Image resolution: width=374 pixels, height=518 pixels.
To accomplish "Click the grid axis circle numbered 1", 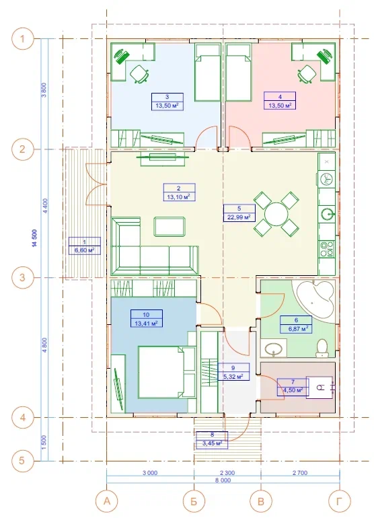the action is point(22,39).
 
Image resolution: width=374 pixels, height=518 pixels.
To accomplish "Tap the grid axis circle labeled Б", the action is point(194,501).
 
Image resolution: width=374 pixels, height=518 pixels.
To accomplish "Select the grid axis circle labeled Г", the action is point(339,501).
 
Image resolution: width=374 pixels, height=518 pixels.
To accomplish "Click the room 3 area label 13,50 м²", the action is point(167,106).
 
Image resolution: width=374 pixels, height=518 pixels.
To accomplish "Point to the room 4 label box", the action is point(280,101).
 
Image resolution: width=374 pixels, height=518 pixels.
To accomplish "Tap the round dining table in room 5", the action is point(276,215).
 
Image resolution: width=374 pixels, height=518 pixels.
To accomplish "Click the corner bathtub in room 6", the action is point(316,299).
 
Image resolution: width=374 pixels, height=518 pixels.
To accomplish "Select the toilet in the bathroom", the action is point(322,348).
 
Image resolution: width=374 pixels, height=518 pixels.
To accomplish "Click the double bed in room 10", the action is point(167,371).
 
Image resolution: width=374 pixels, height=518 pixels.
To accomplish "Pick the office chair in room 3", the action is point(139,74).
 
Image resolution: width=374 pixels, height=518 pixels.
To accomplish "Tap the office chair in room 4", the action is point(307,74).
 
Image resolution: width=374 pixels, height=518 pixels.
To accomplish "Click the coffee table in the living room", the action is point(169,226).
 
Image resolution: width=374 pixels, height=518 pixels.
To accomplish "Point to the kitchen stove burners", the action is point(327,249).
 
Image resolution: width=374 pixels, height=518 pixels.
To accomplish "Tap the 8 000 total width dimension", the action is point(223,480).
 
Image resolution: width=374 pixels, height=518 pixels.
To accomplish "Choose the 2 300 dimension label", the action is point(227,473).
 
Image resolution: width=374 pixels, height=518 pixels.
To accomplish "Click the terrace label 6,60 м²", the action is point(84,250).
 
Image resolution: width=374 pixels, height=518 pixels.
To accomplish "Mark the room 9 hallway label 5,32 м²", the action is point(233,376).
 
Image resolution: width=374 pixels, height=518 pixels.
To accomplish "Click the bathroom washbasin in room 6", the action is point(274,348).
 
